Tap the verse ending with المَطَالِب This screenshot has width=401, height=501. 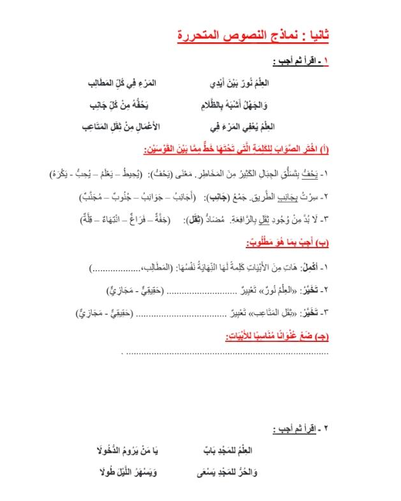(123, 83)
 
